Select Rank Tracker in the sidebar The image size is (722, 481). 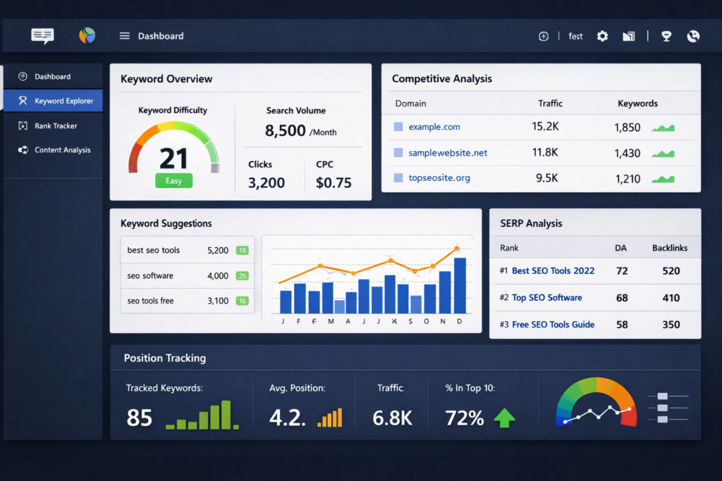[x=56, y=125]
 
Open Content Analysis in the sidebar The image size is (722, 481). [x=62, y=150]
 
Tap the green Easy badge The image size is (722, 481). [x=173, y=181]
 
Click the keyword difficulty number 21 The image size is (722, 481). [x=173, y=158]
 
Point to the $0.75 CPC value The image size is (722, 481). [x=334, y=183]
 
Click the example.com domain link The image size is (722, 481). [x=434, y=127]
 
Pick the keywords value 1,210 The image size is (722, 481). [x=627, y=178]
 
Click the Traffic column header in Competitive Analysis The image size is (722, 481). [x=550, y=104]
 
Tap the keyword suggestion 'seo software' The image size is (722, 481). [x=150, y=275]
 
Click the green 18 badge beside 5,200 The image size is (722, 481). [x=242, y=250]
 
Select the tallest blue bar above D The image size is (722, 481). [x=460, y=285]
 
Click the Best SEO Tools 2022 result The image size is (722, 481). [x=553, y=270]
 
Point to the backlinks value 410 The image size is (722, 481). [x=671, y=297]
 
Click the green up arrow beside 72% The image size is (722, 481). [x=504, y=418]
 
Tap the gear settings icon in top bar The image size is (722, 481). [x=602, y=36]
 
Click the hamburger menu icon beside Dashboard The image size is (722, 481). [x=125, y=36]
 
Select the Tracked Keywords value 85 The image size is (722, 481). [x=140, y=418]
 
